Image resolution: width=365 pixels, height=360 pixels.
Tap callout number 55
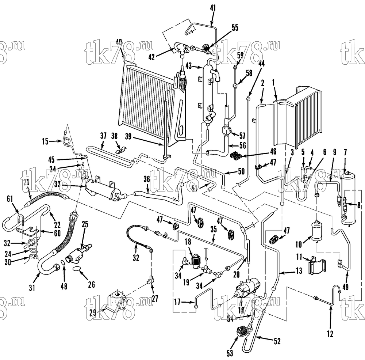tap(235, 27)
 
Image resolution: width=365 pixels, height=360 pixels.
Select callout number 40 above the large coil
tap(119, 42)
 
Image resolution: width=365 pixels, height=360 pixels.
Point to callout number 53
tap(230, 353)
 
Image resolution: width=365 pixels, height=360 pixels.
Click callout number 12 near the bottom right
tap(330, 334)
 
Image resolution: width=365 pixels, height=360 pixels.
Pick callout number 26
tap(92, 284)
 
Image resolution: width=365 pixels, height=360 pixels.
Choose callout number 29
tap(93, 312)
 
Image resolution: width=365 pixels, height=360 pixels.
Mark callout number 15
tap(45, 141)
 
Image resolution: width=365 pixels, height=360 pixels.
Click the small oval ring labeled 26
tap(77, 269)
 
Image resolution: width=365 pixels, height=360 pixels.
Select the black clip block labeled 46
tap(236, 155)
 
